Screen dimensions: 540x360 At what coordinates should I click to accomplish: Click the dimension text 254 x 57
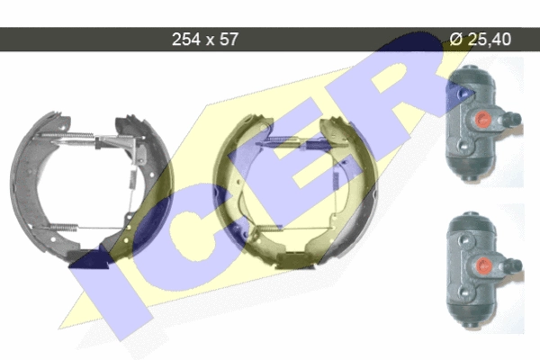[205, 40]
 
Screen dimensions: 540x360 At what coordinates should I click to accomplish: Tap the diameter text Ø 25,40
[480, 39]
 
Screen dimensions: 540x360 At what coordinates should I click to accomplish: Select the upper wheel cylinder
[482, 123]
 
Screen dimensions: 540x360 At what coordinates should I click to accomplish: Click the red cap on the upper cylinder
[482, 119]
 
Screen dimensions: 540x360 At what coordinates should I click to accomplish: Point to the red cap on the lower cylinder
[484, 265]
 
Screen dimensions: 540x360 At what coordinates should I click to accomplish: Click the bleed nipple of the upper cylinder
[512, 119]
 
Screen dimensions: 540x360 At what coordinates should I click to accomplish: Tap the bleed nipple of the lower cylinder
[513, 265]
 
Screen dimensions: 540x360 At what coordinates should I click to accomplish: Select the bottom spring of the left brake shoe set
[65, 228]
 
